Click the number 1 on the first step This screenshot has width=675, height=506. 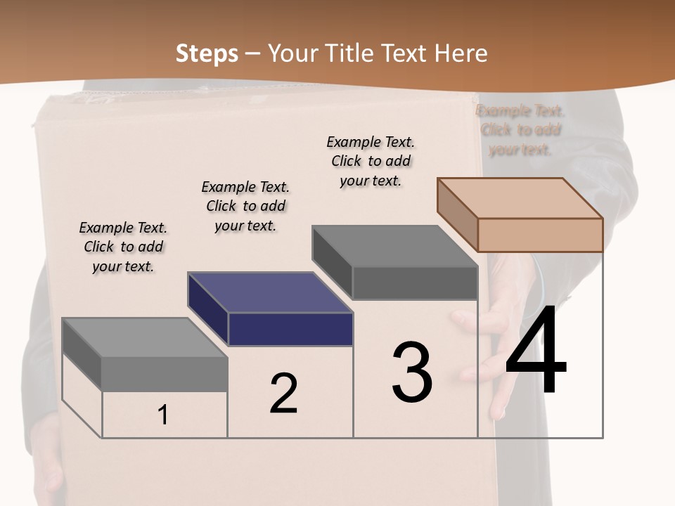pos(163,415)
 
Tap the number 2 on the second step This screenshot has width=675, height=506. pos(283,394)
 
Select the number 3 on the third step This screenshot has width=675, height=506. pos(412,372)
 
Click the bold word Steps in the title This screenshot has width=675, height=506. pos(207,53)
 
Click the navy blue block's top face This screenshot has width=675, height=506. pos(270,292)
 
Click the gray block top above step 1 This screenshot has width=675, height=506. pos(145,337)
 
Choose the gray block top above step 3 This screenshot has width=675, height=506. pos(395,246)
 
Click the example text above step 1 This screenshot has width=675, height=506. pos(123,247)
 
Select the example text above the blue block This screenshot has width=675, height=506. pos(245,206)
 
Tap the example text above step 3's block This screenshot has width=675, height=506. pos(371,161)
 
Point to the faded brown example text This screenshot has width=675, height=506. pos(520,130)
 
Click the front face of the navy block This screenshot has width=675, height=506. pos(290,329)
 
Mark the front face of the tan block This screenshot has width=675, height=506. pos(540,235)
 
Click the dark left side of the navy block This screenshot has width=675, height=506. pos(207,309)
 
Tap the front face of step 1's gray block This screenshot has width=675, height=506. pos(165,374)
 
